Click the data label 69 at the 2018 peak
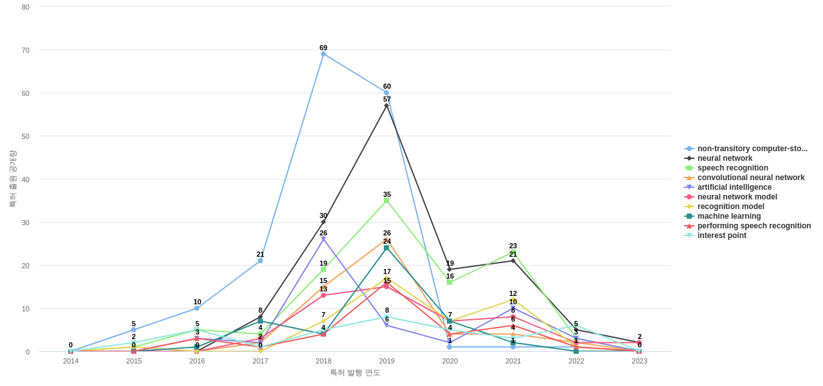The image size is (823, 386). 323,48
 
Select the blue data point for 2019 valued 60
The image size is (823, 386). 386,93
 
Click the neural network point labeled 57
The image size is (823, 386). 386,106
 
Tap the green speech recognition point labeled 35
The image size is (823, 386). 386,201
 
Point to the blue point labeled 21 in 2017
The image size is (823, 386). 260,261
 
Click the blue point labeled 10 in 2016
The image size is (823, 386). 197,308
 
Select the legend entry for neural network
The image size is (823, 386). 725,158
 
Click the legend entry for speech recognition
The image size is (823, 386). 732,168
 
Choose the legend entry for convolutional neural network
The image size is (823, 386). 750,178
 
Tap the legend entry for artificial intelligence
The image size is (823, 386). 734,187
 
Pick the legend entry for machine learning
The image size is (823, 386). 728,216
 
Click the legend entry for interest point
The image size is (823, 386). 721,235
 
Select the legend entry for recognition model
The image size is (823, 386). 730,207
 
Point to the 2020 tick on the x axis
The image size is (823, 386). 450,361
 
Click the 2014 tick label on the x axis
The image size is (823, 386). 71,361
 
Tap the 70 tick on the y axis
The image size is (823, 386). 26,50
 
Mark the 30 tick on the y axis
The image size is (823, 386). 26,223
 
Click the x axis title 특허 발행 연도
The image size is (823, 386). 355,372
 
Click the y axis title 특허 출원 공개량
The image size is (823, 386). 12,179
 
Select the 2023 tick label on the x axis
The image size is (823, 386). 639,361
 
